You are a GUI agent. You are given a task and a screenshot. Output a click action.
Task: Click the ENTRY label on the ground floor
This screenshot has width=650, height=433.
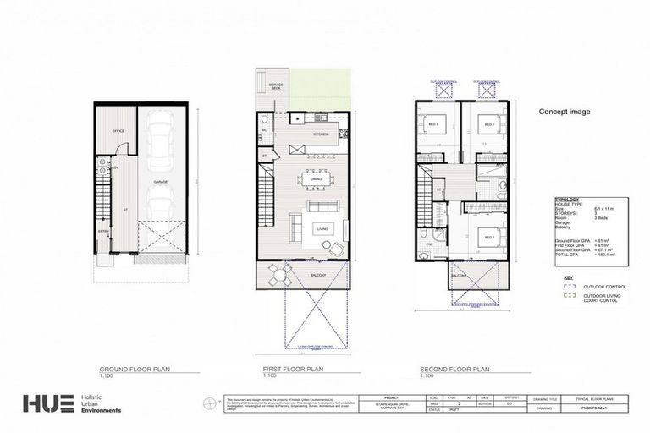pyautogui.click(x=103, y=231)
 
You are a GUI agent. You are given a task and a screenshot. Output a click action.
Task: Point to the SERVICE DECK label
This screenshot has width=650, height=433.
pyautogui.click(x=276, y=87)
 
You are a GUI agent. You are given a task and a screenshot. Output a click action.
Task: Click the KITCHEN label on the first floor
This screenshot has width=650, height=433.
pyautogui.click(x=296, y=134)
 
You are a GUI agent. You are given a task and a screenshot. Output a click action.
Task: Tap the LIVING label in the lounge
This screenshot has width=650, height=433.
pyautogui.click(x=323, y=228)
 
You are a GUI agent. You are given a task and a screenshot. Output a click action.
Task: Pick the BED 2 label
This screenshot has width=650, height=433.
pyautogui.click(x=488, y=125)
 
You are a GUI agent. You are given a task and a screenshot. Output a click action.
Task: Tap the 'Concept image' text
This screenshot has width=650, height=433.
pyautogui.click(x=565, y=112)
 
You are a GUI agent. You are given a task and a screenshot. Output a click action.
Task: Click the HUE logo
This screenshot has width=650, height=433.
pyautogui.click(x=47, y=405)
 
